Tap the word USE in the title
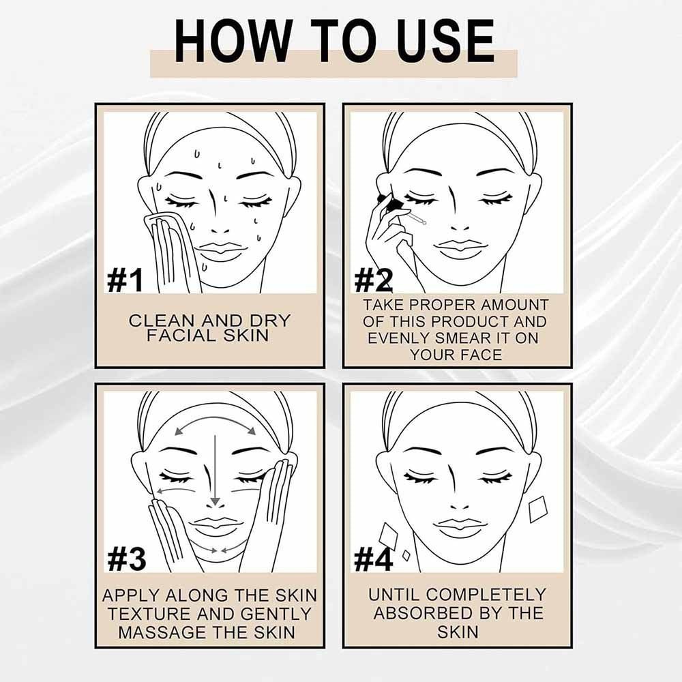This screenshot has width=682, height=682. coord(445,42)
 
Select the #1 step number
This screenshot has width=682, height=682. coord(125,280)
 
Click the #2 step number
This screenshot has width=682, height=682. coord(373,280)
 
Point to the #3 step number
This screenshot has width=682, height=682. coord(126,559)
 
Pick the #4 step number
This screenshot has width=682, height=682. coord(374,559)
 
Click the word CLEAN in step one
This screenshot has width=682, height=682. coord(162,321)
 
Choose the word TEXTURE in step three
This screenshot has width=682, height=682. coord(149,614)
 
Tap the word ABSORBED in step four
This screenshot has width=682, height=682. coord(419,613)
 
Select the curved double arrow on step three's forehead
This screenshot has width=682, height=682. coord(215,420)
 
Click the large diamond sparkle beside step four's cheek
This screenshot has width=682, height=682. coord(539,509)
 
